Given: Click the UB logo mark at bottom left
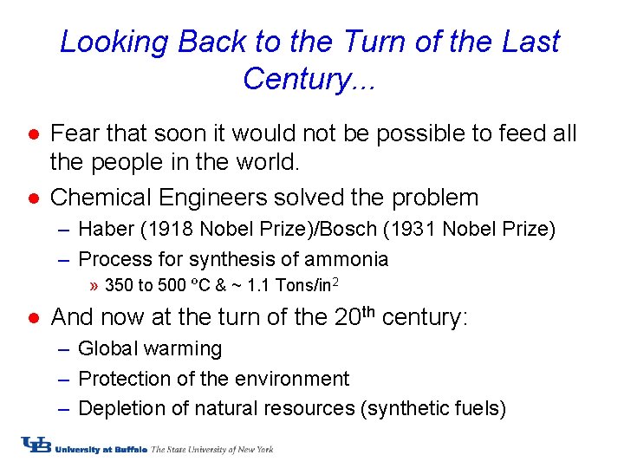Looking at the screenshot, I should coord(36,446).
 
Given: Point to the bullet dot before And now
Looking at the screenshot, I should coord(31,319).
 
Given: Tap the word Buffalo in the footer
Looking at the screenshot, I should coord(127,449).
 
